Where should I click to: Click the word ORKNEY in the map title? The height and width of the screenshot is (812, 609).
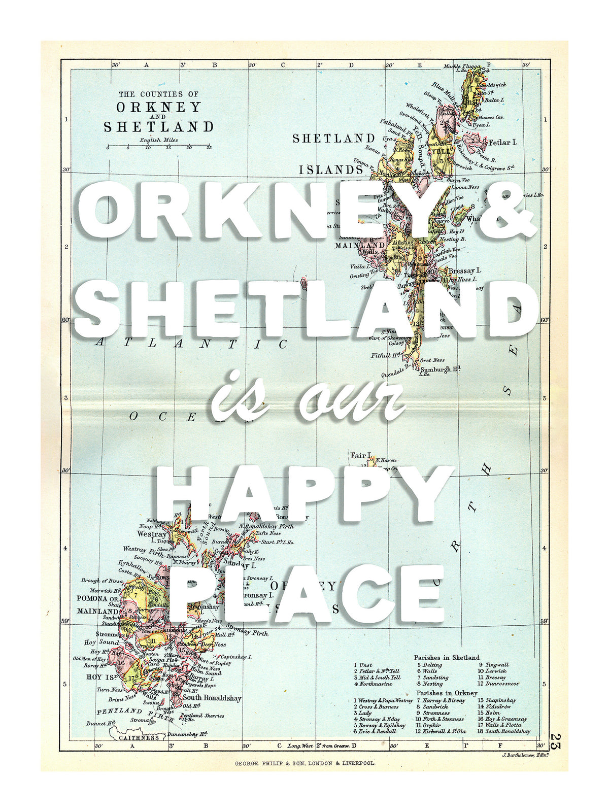[x=158, y=108]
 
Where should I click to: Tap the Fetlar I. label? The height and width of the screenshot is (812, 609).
[x=502, y=143]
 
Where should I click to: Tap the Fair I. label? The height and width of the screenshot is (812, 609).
[x=361, y=455]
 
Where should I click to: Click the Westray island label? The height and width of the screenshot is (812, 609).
[x=152, y=534]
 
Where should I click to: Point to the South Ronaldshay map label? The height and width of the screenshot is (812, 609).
[x=212, y=698]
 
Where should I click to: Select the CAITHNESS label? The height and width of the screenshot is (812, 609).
[x=139, y=737]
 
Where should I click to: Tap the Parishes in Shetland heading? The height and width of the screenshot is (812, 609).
[x=446, y=657]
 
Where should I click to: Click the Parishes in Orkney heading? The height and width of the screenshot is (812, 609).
[x=447, y=693]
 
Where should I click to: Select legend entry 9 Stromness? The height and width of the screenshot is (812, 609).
[x=433, y=713]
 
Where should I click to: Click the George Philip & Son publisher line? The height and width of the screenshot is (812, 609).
[x=304, y=763]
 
